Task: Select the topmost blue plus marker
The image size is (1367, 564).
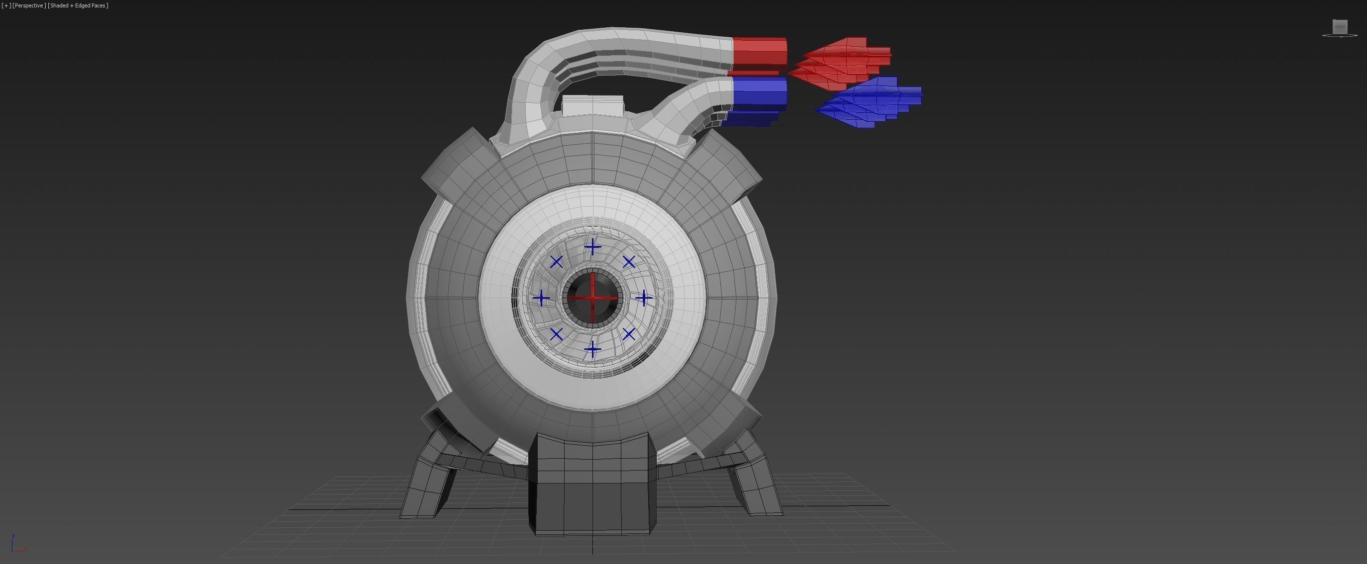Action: tap(592, 247)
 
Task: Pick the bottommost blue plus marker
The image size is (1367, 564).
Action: tap(592, 349)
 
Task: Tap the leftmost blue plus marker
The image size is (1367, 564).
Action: tap(541, 298)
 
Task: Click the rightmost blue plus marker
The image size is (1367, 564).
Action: tap(644, 298)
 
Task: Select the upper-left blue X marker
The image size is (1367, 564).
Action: tap(556, 262)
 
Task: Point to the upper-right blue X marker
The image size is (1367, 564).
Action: tap(629, 262)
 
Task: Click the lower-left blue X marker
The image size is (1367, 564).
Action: tap(556, 334)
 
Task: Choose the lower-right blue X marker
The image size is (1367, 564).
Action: tap(629, 334)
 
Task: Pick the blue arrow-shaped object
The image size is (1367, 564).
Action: tap(871, 102)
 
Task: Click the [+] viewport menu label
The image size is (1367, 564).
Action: tap(6, 5)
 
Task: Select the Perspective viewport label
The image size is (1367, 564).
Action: tap(29, 5)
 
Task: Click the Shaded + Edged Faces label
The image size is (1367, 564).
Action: tap(78, 5)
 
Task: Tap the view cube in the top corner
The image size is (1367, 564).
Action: tap(1340, 27)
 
